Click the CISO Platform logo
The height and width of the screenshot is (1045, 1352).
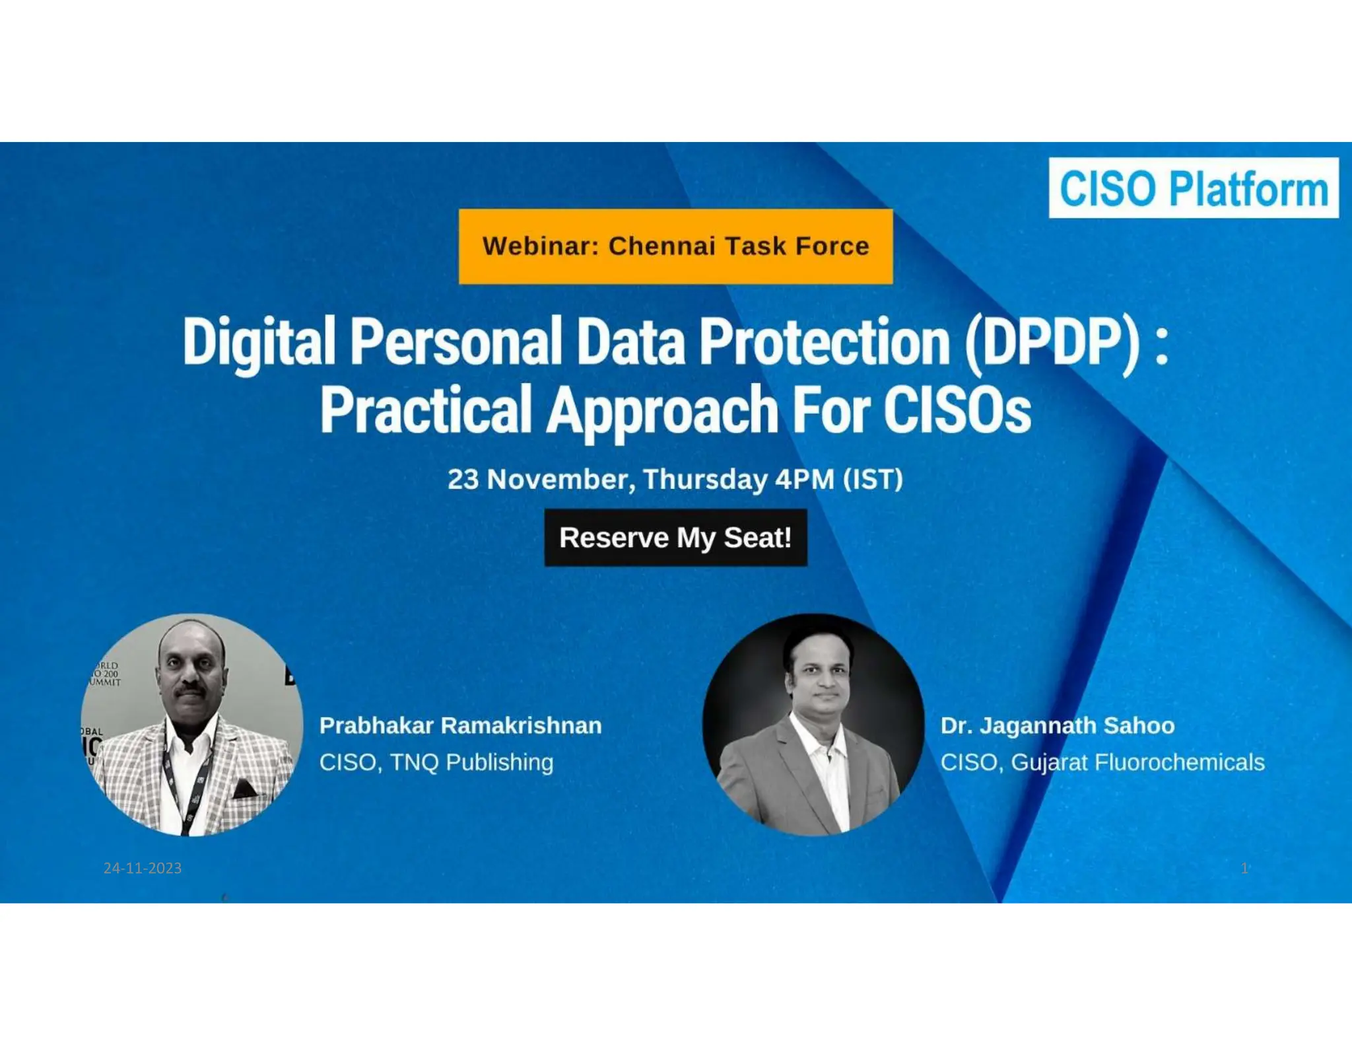pos(1194,188)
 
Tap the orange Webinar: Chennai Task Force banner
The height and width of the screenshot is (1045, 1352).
pos(675,246)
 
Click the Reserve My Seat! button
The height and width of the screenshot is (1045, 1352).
pos(675,538)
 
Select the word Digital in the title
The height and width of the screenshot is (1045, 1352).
pos(259,342)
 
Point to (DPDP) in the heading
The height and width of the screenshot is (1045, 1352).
pos(1052,342)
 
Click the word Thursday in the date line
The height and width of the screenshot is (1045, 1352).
pos(705,480)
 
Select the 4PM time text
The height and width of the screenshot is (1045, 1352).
pos(804,480)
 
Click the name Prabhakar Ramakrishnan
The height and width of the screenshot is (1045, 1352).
pos(460,725)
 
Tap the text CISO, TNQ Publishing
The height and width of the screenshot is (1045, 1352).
pos(436,762)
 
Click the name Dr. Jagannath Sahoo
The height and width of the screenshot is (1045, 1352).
pos(1057,725)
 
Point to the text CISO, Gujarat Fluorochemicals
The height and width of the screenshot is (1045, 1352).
pos(1102,762)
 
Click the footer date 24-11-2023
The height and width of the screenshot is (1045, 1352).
pos(143,868)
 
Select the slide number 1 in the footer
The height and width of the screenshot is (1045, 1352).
pos(1244,868)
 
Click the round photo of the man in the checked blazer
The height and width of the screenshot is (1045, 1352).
pos(191,725)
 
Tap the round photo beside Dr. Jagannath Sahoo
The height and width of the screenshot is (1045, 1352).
pos(813,725)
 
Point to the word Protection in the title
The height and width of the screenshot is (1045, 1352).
pos(825,342)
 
